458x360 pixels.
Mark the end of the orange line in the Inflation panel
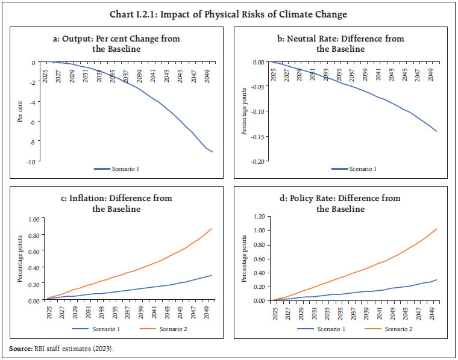click(x=212, y=228)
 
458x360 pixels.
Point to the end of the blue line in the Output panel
click(x=212, y=152)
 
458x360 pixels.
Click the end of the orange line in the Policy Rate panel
click(x=436, y=229)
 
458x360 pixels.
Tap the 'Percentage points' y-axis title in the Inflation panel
click(x=19, y=259)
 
